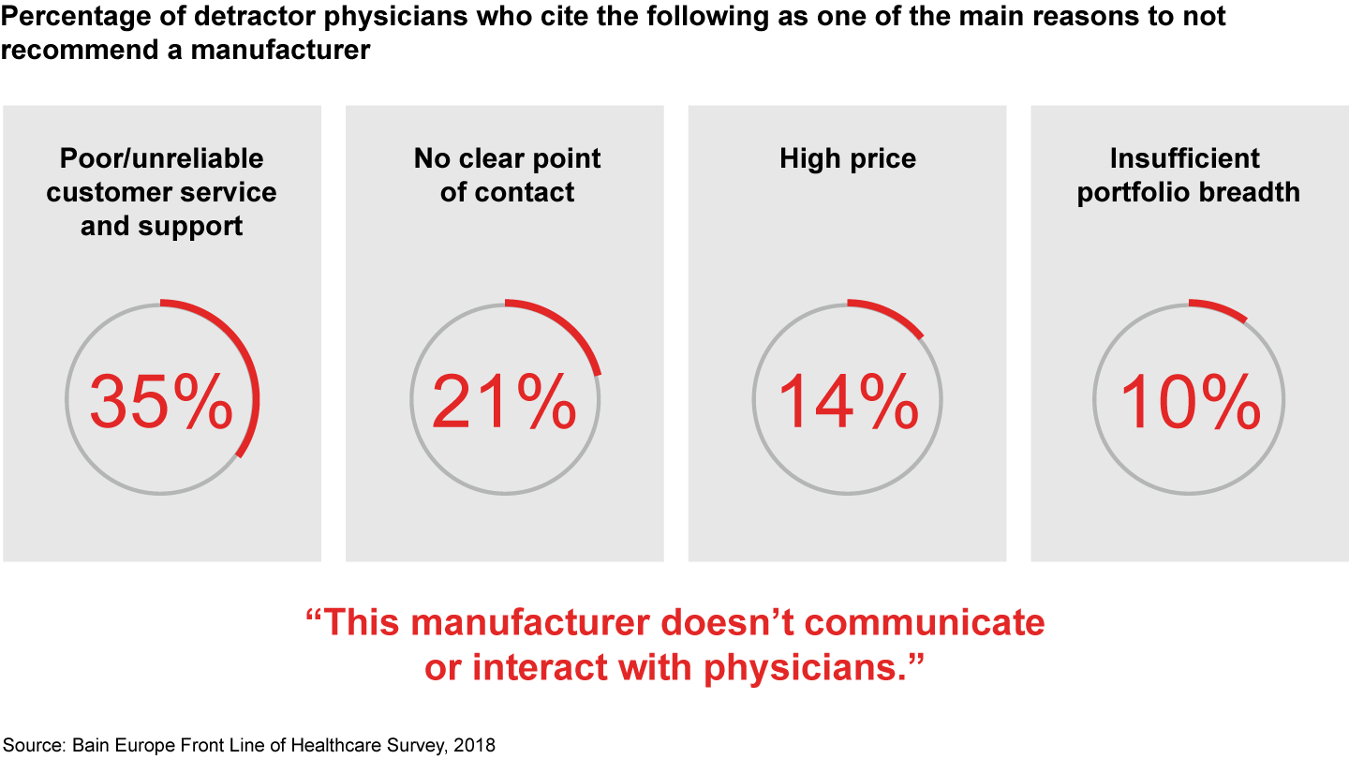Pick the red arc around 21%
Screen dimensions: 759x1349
coord(571,328)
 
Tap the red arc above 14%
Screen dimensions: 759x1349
coord(890,313)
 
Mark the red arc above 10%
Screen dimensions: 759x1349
coord(1221,307)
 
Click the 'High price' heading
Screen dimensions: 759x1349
coord(848,158)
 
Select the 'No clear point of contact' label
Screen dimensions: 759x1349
coord(507,175)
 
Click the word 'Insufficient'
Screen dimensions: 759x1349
coord(1185,158)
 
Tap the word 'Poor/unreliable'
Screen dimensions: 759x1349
coord(162,158)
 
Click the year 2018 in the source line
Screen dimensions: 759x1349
coord(476,747)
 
